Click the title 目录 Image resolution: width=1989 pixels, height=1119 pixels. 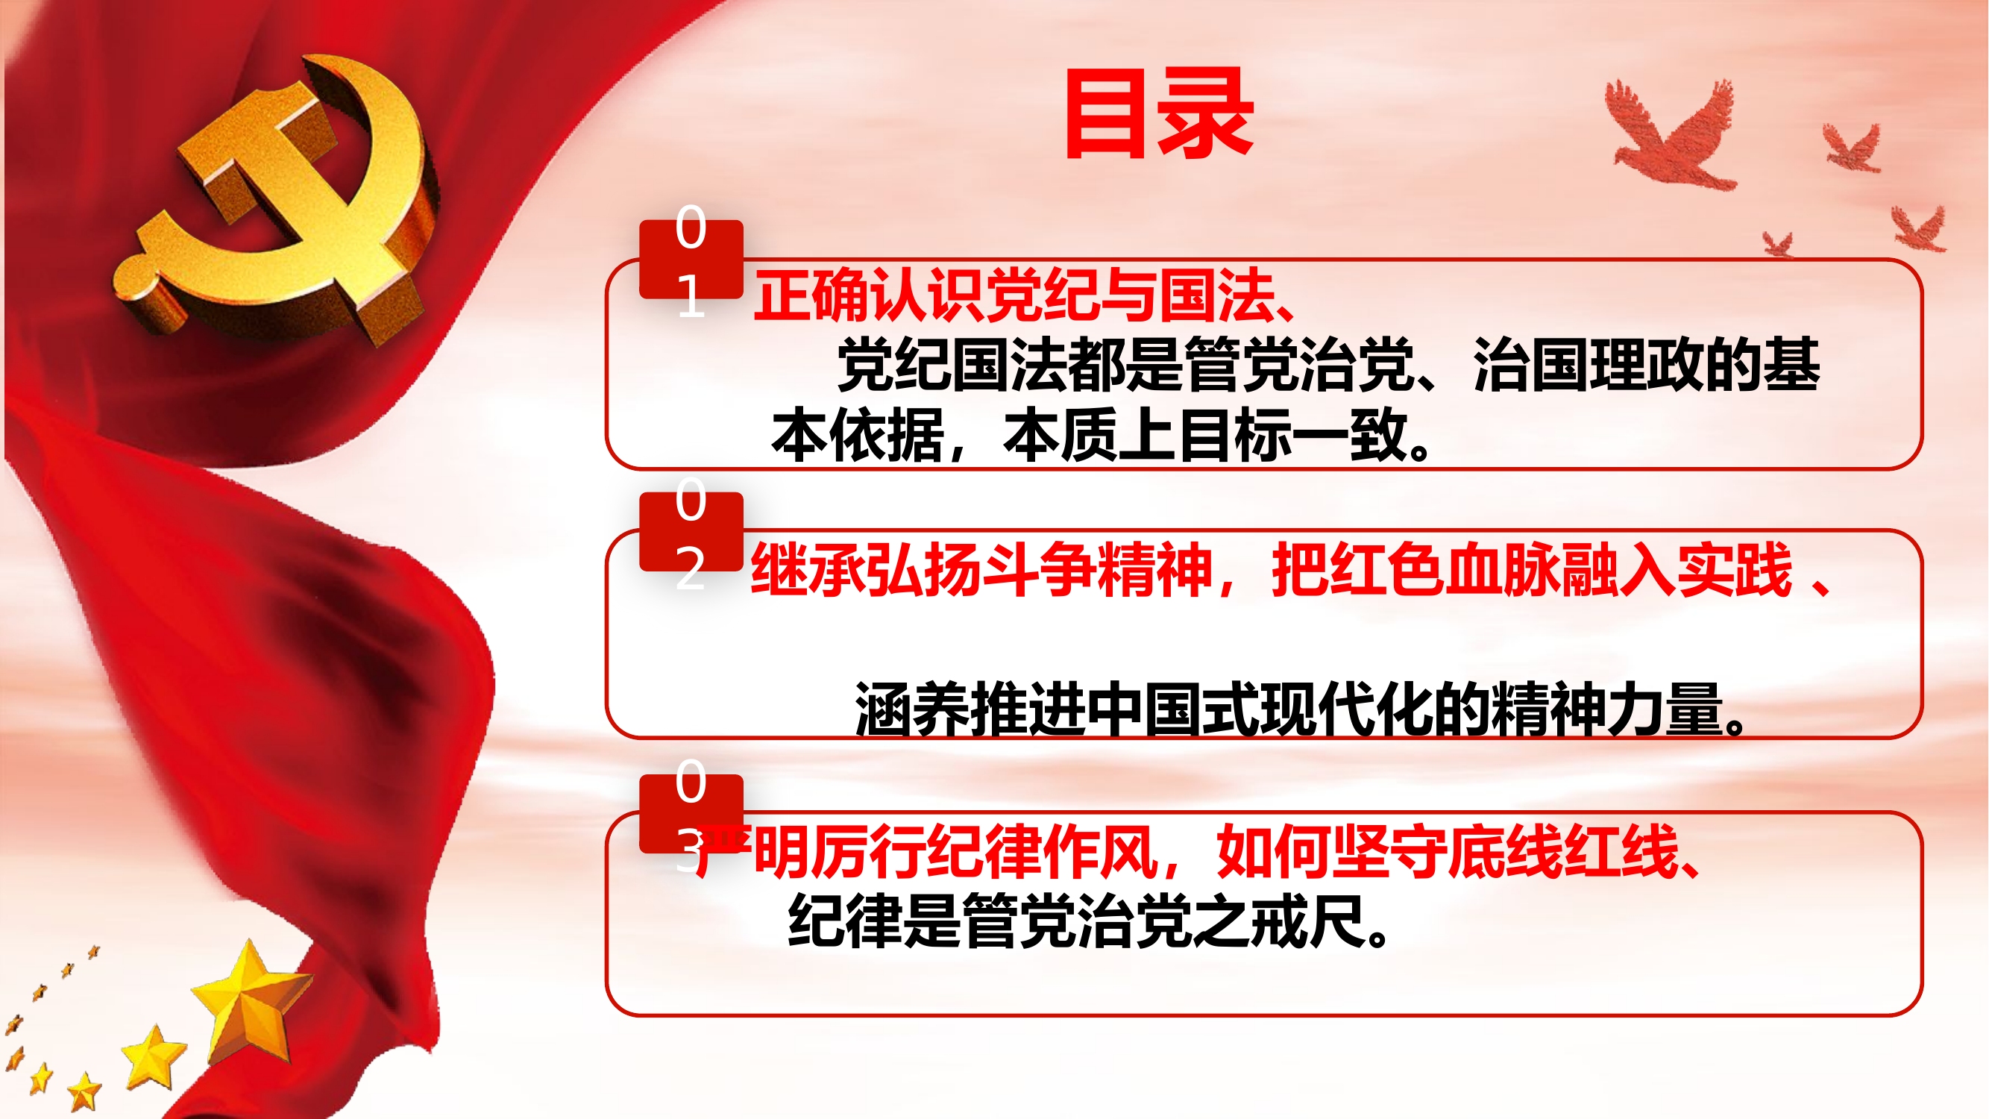pyautogui.click(x=1158, y=114)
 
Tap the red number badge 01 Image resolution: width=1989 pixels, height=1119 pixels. pyautogui.click(x=691, y=260)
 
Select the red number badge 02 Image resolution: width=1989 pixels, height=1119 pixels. pyautogui.click(x=691, y=532)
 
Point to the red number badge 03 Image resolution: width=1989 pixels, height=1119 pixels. pyautogui.click(x=691, y=814)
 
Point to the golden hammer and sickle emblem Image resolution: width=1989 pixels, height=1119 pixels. pyautogui.click(x=278, y=201)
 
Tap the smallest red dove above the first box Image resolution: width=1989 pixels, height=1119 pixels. pyautogui.click(x=1777, y=244)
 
